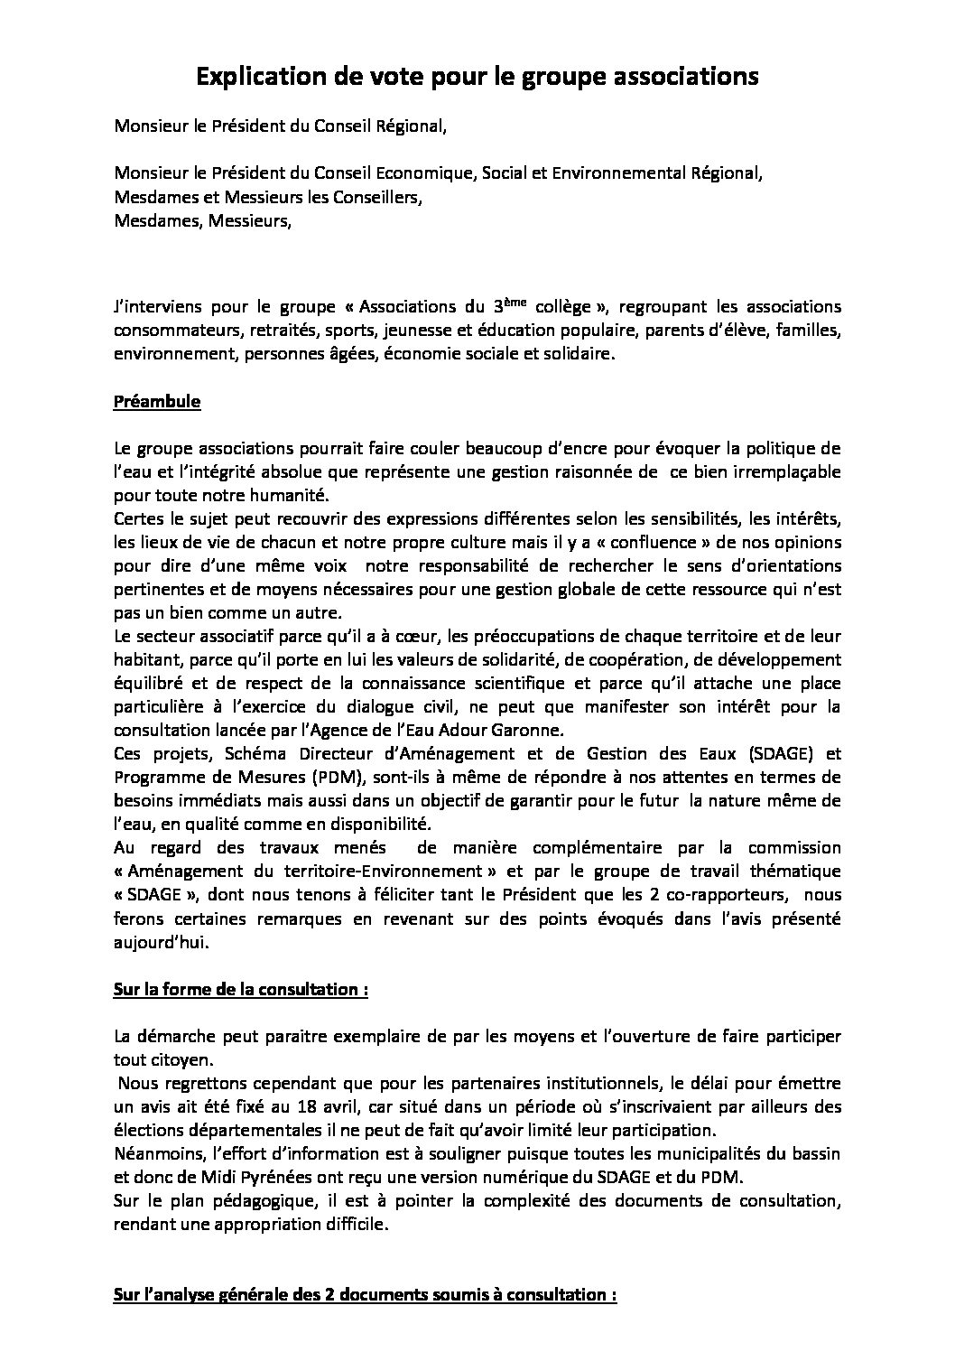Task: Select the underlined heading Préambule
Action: coord(157,402)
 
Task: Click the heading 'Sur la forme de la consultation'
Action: coord(241,989)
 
